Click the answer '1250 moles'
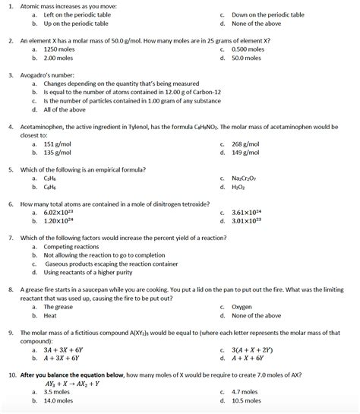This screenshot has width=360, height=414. (x=58, y=48)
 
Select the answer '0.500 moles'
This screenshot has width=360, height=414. (x=248, y=48)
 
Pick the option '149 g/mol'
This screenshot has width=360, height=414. (x=245, y=151)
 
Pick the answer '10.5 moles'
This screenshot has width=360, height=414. (x=246, y=400)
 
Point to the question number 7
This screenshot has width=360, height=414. (x=11, y=237)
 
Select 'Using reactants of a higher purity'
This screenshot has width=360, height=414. (x=88, y=272)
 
